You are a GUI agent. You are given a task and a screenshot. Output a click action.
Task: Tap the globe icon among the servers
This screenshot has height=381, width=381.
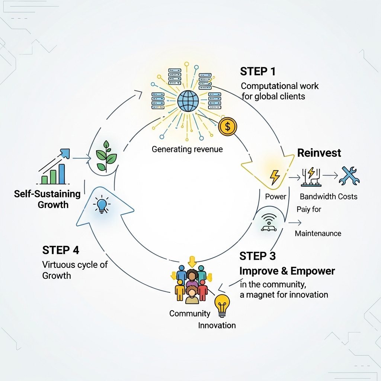[x=188, y=100]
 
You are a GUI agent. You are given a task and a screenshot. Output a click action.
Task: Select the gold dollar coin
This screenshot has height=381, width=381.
[x=228, y=127]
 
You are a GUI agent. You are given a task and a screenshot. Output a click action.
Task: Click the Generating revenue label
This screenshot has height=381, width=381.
[x=187, y=150]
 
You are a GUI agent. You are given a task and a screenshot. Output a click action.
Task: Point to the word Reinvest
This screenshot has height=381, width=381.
[x=319, y=153]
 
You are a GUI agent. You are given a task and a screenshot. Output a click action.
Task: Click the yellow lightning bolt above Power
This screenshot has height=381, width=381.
[x=275, y=177]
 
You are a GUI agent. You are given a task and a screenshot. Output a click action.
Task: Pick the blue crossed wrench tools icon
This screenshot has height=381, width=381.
[x=349, y=176]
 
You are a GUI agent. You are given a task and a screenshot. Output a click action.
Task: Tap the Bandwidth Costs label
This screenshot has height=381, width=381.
[x=329, y=196]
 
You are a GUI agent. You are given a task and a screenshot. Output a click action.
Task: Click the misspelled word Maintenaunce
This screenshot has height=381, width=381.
[x=318, y=234]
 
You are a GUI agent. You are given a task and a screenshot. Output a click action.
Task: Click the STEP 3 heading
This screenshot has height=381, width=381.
[x=258, y=256]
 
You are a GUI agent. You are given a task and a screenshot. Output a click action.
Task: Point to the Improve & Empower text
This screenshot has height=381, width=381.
[x=287, y=271]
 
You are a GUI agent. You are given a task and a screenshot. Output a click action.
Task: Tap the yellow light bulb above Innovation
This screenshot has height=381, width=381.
[x=222, y=304]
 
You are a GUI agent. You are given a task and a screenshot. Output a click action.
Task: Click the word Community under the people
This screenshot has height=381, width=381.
[x=190, y=314]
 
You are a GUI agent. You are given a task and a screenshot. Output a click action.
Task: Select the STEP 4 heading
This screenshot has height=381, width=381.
[x=61, y=250]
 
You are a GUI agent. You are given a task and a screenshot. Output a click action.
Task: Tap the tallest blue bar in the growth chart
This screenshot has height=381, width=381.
[x=62, y=174]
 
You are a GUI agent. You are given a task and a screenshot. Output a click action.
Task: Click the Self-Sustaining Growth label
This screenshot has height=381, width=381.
[x=47, y=199]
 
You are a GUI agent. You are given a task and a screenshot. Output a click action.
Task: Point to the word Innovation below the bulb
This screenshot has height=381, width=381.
[x=217, y=326]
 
